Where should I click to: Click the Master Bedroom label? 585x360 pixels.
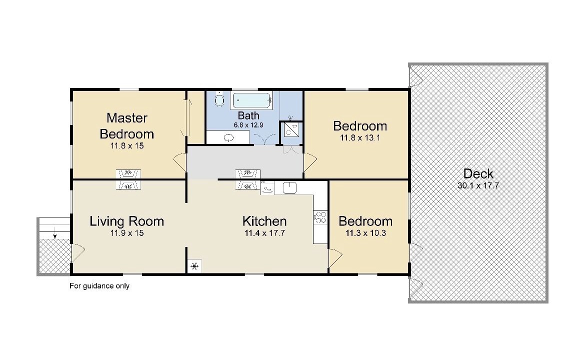tap(127, 125)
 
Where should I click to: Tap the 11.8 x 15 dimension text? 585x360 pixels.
tap(127, 145)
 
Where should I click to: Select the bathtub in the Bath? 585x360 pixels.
tap(252, 100)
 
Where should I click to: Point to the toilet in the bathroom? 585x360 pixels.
tap(219, 99)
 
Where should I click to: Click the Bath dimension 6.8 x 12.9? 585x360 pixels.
tap(248, 125)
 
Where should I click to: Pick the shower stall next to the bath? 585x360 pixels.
tap(290, 129)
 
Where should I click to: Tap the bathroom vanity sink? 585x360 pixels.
tap(228, 138)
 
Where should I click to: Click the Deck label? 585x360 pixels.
tap(478, 173)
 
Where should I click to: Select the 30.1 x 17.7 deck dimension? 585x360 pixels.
tap(478, 185)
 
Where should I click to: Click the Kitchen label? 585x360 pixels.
tap(264, 221)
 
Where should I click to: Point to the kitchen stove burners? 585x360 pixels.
tap(320, 217)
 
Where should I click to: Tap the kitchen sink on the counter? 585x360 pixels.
tap(289, 187)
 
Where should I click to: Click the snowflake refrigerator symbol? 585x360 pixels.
tap(194, 266)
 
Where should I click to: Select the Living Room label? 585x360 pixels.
tap(127, 221)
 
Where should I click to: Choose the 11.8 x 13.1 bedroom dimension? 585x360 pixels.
tap(359, 137)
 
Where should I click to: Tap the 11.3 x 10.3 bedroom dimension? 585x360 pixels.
tap(365, 233)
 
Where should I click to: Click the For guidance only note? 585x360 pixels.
tap(99, 286)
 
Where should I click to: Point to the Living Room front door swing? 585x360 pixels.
tap(77, 252)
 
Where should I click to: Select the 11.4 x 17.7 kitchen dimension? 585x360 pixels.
tap(264, 233)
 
